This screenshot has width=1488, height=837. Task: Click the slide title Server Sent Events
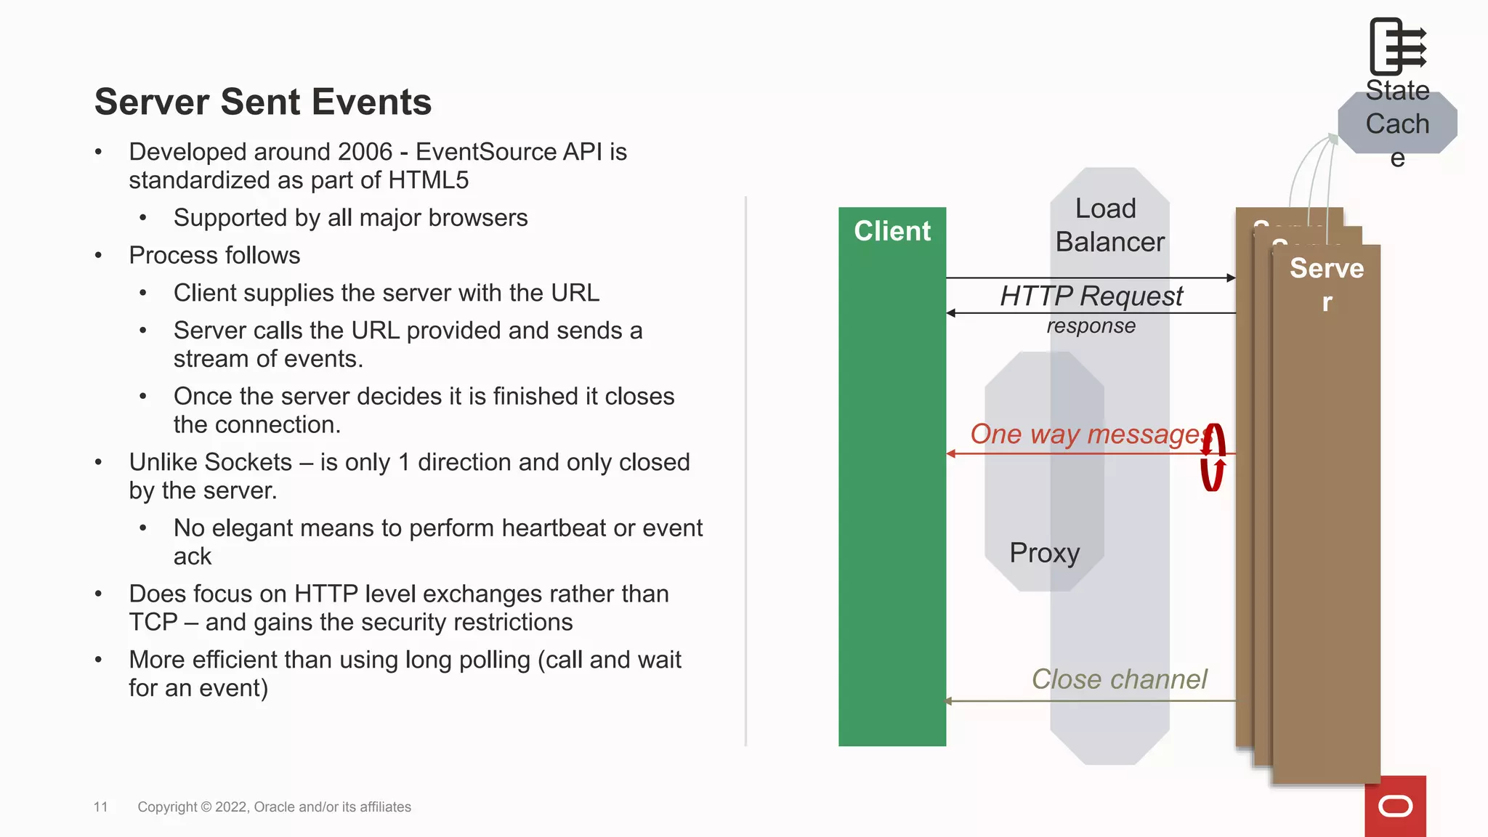click(x=263, y=102)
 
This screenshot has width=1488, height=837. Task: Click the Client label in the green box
click(x=891, y=231)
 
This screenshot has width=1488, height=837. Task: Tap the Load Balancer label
click(x=1109, y=225)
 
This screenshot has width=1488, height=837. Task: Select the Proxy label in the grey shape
click(x=1044, y=553)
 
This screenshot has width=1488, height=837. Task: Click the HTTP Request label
click(x=1091, y=296)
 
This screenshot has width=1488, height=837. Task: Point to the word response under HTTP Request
click(x=1091, y=326)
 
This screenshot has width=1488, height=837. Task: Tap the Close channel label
click(x=1119, y=679)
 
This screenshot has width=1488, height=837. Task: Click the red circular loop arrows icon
click(x=1212, y=458)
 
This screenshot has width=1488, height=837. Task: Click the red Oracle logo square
click(x=1395, y=806)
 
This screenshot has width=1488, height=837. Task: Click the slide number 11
click(x=100, y=806)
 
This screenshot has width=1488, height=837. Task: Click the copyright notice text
click(x=274, y=806)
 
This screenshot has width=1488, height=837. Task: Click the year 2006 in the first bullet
click(x=365, y=152)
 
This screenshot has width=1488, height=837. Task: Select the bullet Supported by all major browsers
click(x=350, y=218)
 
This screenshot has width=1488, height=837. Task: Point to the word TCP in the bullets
click(x=153, y=623)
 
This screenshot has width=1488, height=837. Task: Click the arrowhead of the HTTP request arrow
click(x=1231, y=278)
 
